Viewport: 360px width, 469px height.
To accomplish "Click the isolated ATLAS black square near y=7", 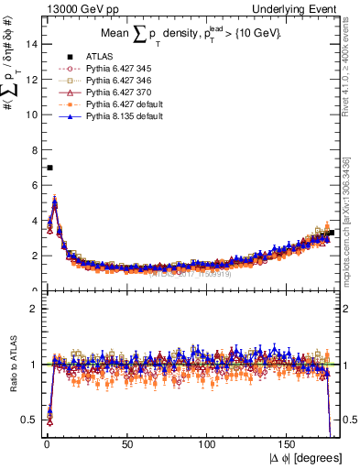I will click(x=49, y=168).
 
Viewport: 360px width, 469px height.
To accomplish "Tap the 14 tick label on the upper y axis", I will click(x=30, y=44).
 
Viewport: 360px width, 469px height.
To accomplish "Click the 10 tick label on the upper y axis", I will click(x=30, y=115).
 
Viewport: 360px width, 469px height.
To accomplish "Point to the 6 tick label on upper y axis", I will click(x=33, y=185).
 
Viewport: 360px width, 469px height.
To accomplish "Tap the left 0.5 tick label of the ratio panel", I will click(x=28, y=420).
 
